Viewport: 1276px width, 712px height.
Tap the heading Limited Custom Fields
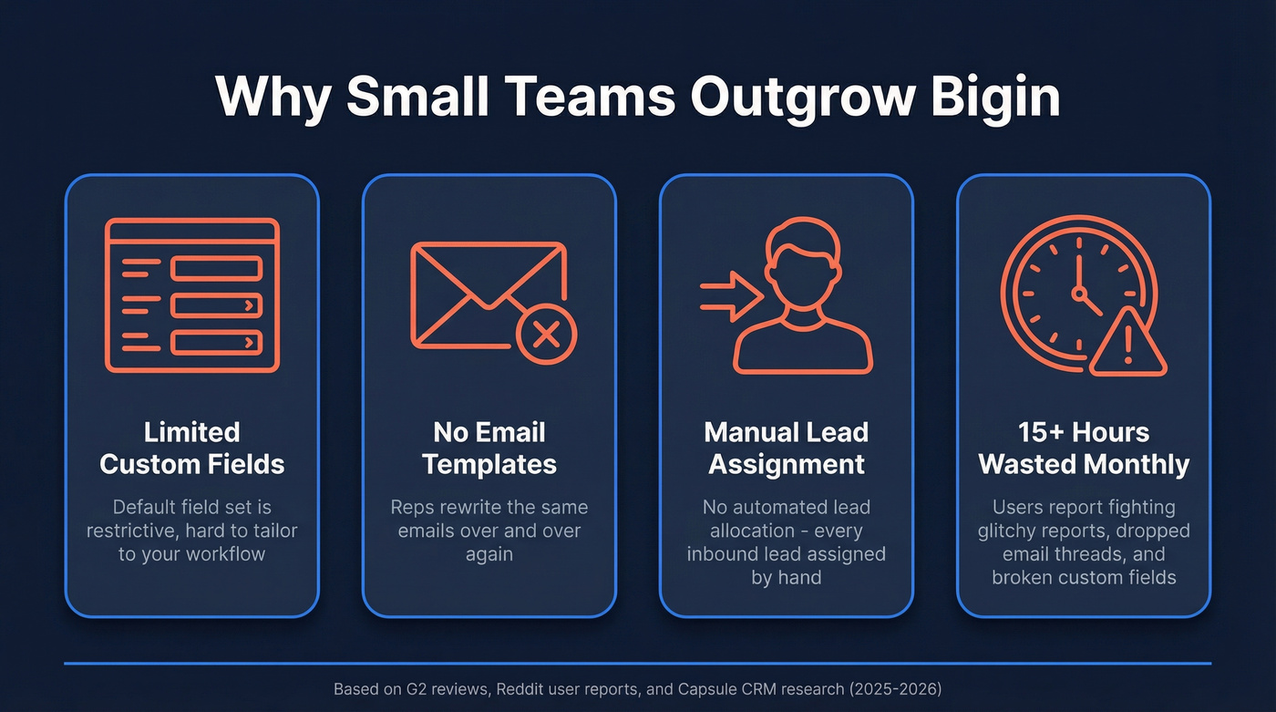click(191, 448)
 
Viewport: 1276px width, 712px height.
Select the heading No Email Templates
click(489, 448)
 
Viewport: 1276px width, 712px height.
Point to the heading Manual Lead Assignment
click(787, 448)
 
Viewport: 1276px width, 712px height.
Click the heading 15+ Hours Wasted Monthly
click(1084, 448)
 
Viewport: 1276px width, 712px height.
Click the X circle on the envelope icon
click(546, 335)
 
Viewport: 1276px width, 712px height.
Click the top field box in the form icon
click(217, 268)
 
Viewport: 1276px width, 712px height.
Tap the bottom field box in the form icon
click(217, 342)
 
